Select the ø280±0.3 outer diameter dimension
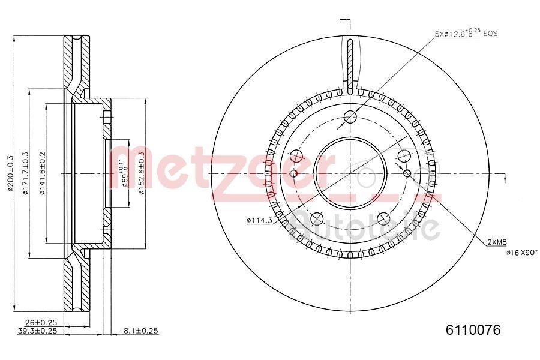click(x=10, y=173)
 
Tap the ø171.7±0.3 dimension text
click(x=25, y=173)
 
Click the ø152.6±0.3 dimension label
click(x=141, y=173)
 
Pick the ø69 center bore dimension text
click(x=124, y=174)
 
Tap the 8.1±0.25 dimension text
click(x=141, y=331)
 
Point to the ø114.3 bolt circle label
click(x=260, y=221)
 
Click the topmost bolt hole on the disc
click(x=350, y=116)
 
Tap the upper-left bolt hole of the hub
click(x=296, y=156)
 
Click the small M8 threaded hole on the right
click(x=407, y=173)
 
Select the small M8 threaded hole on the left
click(x=293, y=173)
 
